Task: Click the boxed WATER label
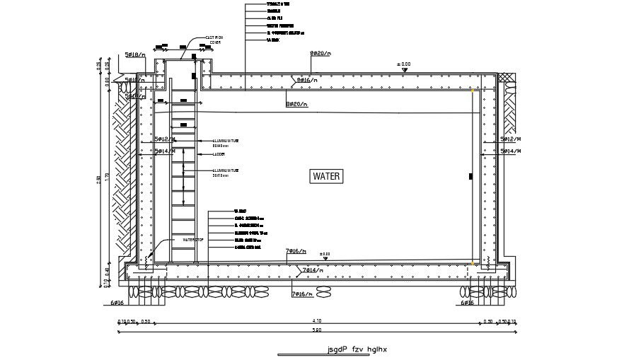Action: point(327,177)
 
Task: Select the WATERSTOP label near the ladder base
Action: point(193,240)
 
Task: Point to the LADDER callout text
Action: point(219,153)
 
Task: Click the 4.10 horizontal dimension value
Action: point(316,322)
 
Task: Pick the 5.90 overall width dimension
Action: point(316,330)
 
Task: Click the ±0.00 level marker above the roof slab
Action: point(404,64)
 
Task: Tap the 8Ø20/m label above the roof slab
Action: point(320,54)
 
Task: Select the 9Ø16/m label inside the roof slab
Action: point(306,81)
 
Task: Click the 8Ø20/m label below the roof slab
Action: point(297,104)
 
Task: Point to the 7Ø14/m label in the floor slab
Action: point(312,270)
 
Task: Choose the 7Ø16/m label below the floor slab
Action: point(303,294)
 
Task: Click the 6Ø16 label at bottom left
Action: point(117,303)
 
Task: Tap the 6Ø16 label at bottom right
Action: point(467,303)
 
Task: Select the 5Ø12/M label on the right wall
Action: point(510,140)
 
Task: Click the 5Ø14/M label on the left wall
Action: point(165,151)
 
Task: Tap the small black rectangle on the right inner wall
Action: point(469,176)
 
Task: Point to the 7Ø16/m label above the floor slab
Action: point(296,251)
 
